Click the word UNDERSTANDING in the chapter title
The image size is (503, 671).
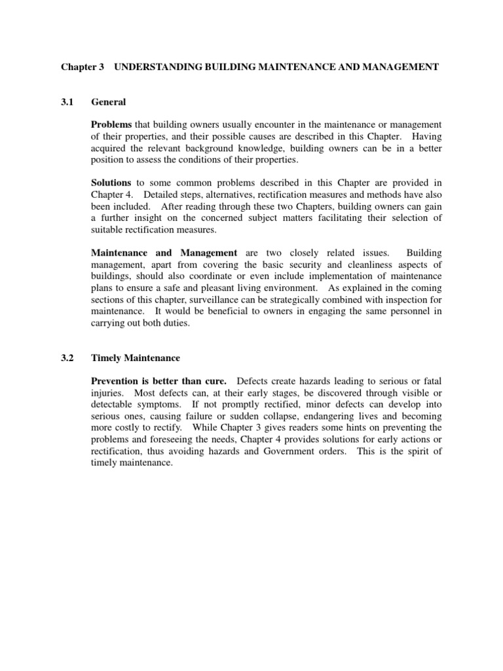155,67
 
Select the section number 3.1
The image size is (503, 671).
68,102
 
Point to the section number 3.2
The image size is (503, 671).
68,358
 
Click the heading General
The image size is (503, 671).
109,102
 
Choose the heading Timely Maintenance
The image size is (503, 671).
136,358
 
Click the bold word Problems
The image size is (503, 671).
111,125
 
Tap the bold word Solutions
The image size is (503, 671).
111,183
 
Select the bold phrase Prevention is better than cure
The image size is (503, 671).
159,381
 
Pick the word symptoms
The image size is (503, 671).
157,404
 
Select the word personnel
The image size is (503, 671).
408,312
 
